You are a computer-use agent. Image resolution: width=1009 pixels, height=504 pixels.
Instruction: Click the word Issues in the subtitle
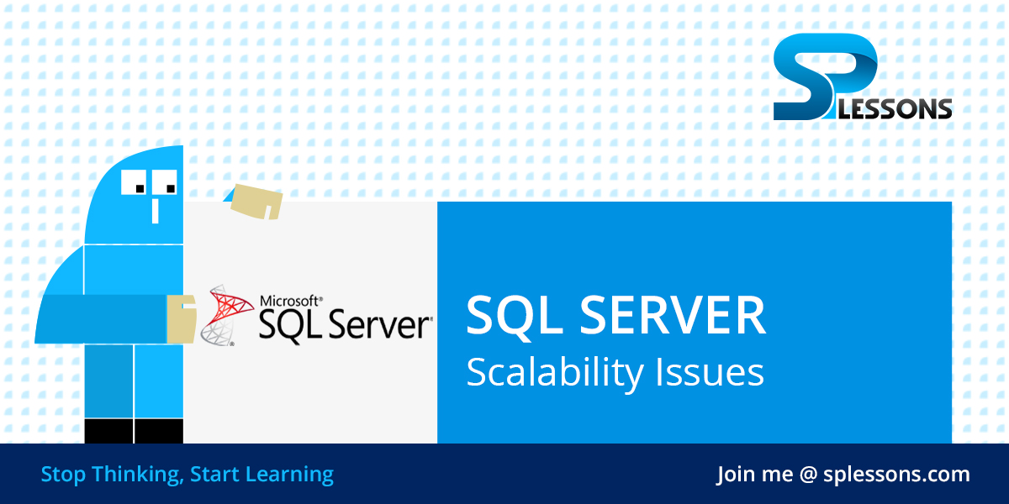pyautogui.click(x=719, y=372)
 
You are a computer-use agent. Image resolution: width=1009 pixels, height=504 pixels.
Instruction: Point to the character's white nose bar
pyautogui.click(x=155, y=209)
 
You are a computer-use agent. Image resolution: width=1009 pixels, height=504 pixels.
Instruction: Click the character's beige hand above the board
pyautogui.click(x=256, y=202)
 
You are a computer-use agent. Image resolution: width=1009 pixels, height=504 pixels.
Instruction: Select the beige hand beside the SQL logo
pyautogui.click(x=182, y=318)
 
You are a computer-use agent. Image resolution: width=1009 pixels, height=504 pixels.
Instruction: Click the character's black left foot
pyautogui.click(x=108, y=431)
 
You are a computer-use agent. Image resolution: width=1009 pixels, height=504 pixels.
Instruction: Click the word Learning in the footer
pyautogui.click(x=289, y=475)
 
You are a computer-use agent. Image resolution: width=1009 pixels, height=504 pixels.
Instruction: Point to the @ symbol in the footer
pyautogui.click(x=809, y=475)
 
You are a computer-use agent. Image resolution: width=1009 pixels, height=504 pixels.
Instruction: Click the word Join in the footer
pyautogui.click(x=736, y=475)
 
